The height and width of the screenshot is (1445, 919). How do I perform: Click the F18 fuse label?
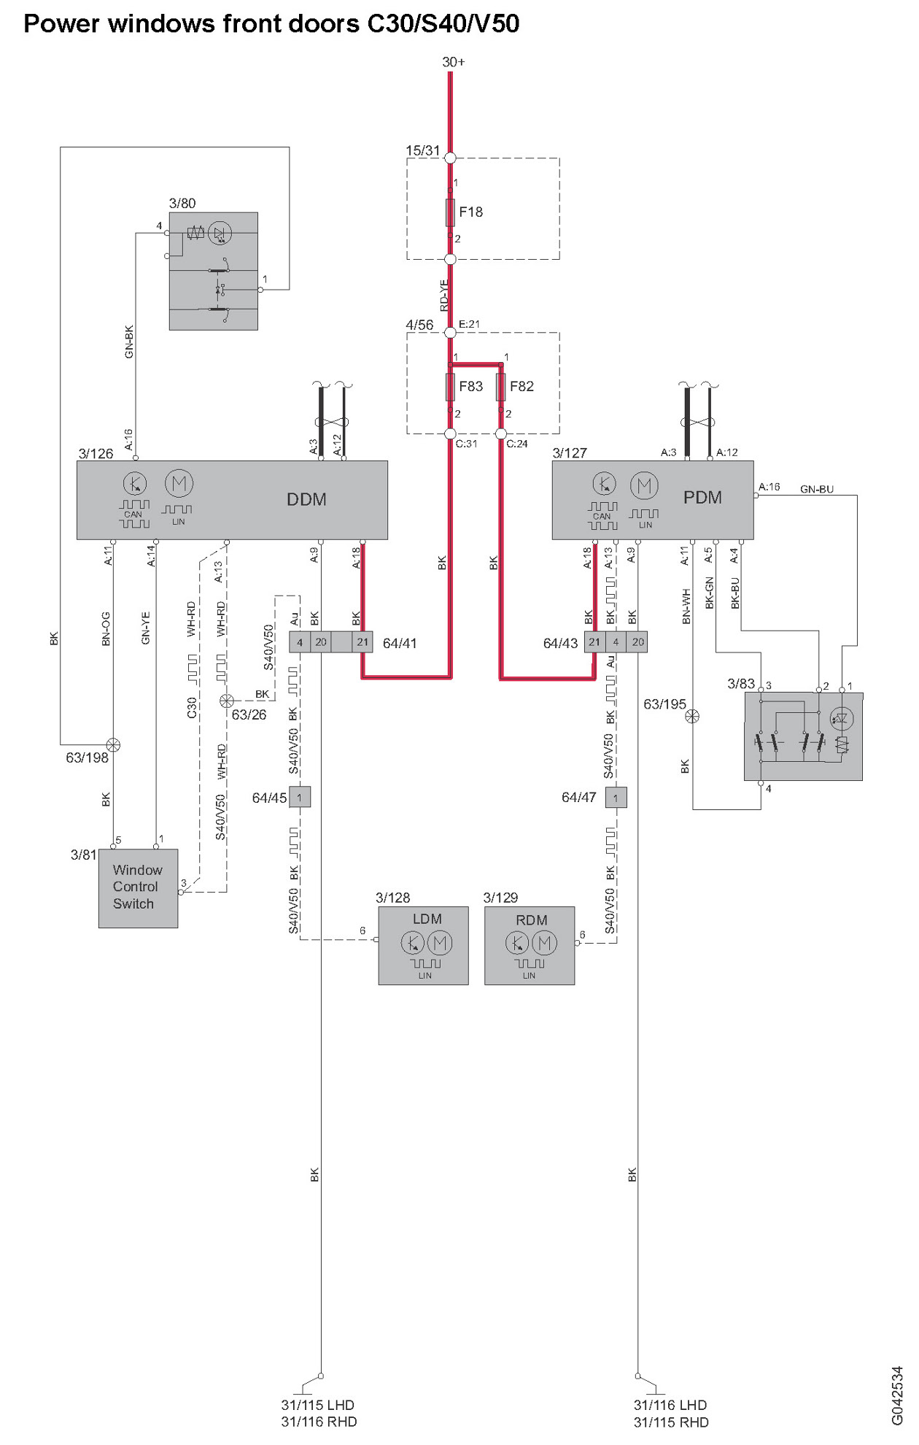click(x=470, y=212)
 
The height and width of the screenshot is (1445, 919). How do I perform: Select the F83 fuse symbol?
click(x=450, y=387)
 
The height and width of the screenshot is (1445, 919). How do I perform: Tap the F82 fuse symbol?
click(x=501, y=387)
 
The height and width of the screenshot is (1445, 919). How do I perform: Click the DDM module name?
click(x=306, y=500)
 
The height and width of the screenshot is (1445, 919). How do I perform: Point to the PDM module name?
click(x=702, y=498)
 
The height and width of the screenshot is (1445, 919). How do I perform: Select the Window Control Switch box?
click(x=138, y=887)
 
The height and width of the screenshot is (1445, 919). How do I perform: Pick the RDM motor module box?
click(x=530, y=946)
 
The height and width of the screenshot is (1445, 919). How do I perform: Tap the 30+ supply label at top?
click(x=453, y=62)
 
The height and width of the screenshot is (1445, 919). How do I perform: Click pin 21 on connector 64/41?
click(x=362, y=642)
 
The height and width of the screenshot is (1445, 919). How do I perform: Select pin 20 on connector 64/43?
click(x=638, y=642)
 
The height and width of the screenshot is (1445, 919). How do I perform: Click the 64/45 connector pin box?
click(x=300, y=798)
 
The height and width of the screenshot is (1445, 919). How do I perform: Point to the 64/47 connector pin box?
click(x=616, y=798)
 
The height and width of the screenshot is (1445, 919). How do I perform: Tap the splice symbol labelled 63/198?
click(x=113, y=745)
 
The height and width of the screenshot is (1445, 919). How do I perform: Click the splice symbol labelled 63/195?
click(x=692, y=716)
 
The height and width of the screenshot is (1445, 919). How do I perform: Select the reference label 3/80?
click(x=182, y=203)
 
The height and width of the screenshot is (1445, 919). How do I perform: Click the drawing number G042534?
click(x=897, y=1395)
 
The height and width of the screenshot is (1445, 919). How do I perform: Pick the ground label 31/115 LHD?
click(x=318, y=1405)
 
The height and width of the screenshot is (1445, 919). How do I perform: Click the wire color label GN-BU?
click(x=816, y=489)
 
